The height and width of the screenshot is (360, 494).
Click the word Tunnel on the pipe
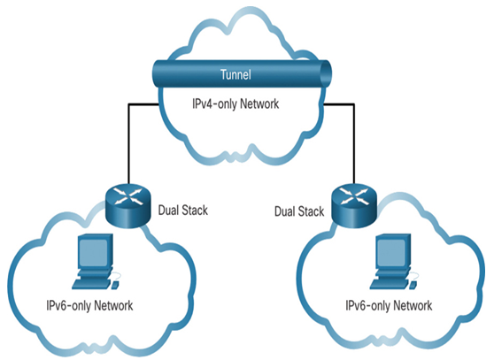pyautogui.click(x=235, y=74)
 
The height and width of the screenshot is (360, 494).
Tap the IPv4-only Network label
pyautogui.click(x=235, y=103)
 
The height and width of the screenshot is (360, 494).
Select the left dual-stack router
pyautogui.click(x=127, y=206)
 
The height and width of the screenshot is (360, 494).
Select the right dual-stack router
pyautogui.click(x=354, y=206)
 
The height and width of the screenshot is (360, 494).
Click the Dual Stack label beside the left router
pyautogui.click(x=183, y=211)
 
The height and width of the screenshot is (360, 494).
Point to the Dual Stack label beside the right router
pyautogui.click(x=299, y=211)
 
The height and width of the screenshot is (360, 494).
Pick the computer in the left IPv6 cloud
pyautogui.click(x=96, y=261)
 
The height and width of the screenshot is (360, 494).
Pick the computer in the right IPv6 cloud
pyautogui.click(x=393, y=261)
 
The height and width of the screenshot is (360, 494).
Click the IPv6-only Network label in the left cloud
pyautogui.click(x=89, y=305)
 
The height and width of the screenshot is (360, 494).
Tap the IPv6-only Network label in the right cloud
pyautogui.click(x=389, y=305)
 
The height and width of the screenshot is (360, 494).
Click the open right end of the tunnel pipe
pyautogui.click(x=326, y=74)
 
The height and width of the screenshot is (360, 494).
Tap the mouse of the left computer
pyautogui.click(x=115, y=285)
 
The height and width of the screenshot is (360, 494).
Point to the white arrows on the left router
pyautogui.click(x=127, y=196)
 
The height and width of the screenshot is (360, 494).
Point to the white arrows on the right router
pyautogui.click(x=354, y=196)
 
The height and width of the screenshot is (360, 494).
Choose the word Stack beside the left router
pyautogui.click(x=195, y=211)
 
